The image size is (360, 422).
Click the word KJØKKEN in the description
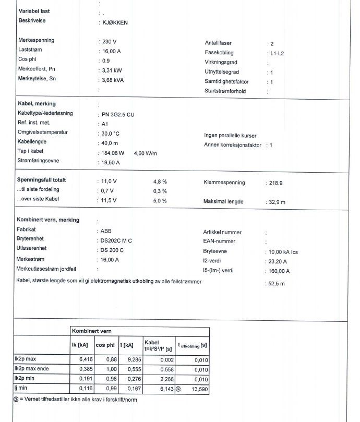pyautogui.click(x=115, y=23)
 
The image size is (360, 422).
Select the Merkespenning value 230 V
pyautogui.click(x=110, y=41)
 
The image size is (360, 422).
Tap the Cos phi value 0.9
pyautogui.click(x=106, y=61)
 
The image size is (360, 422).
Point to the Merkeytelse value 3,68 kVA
pyautogui.click(x=113, y=80)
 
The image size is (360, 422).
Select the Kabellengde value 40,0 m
pyautogui.click(x=110, y=143)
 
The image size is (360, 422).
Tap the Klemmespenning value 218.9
pyautogui.click(x=276, y=183)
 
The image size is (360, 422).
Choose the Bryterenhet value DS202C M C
pyautogui.click(x=116, y=241)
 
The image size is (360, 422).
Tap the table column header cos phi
pyautogui.click(x=105, y=345)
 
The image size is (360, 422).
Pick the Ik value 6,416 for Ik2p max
pyautogui.click(x=85, y=359)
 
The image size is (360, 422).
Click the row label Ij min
pyautogui.click(x=21, y=389)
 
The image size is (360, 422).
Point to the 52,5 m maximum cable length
pyautogui.click(x=277, y=284)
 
